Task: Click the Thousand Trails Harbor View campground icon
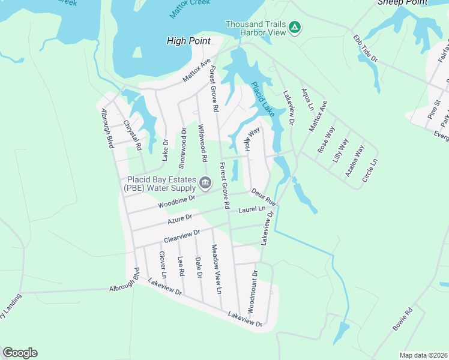(295, 27)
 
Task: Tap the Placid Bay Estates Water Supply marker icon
(205, 182)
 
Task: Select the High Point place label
(188, 41)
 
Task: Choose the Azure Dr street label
(179, 220)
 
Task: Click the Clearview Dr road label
(181, 237)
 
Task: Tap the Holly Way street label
(252, 139)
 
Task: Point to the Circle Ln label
(370, 170)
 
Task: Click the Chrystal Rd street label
(133, 135)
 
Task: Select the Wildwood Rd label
(202, 144)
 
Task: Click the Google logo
(20, 353)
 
